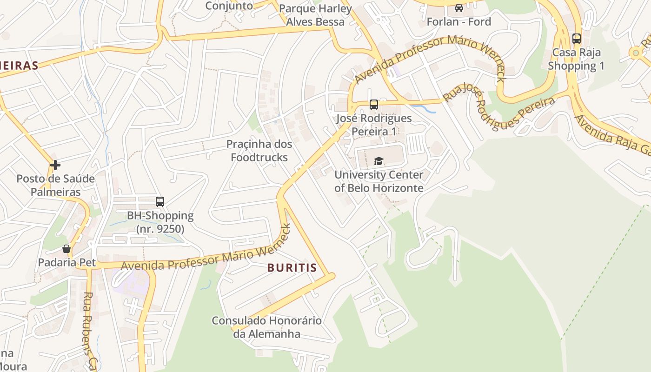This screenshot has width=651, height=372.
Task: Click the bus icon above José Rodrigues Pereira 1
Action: tap(374, 105)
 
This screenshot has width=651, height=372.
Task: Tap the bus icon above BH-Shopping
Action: tap(160, 202)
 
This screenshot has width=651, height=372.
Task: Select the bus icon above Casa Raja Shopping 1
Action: tap(577, 39)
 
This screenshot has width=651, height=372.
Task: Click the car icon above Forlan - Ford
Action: tap(459, 8)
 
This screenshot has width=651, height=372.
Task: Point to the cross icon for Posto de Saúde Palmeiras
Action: tap(55, 165)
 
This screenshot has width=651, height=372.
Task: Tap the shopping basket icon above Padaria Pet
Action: tap(66, 249)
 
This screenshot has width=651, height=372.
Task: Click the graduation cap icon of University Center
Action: tap(379, 161)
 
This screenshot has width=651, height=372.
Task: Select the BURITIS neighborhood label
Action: tap(292, 268)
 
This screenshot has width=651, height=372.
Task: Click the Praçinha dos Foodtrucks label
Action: tap(259, 151)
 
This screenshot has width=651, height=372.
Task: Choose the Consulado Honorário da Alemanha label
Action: tap(266, 327)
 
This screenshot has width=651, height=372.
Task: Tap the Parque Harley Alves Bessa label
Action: tap(315, 15)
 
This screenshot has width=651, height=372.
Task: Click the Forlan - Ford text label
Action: tap(459, 22)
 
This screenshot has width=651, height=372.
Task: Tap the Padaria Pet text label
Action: tap(67, 262)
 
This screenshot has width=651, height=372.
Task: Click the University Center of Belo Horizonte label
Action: tap(379, 181)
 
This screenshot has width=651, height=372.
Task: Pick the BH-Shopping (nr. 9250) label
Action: tap(160, 222)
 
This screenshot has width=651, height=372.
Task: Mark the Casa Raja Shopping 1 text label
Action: tap(576, 59)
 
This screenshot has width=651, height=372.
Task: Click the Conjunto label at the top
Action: tap(229, 6)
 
